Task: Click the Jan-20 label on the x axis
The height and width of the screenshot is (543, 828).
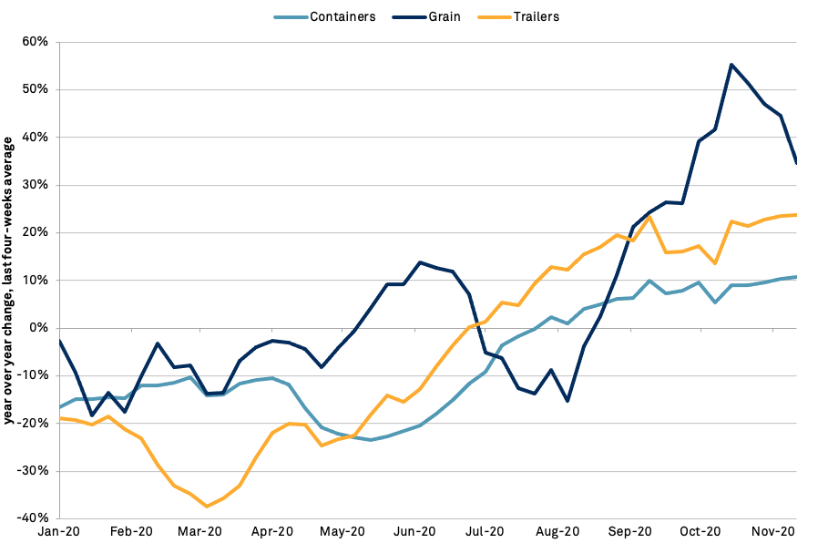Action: pos(57,530)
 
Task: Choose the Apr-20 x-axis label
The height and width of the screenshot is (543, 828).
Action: pos(271,530)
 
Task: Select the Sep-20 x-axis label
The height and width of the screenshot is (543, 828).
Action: pos(630,530)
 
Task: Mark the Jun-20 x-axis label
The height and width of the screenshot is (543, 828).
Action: pos(414,530)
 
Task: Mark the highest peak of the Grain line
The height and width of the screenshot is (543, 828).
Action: pos(731,65)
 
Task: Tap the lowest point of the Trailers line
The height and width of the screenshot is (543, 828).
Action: pos(207,506)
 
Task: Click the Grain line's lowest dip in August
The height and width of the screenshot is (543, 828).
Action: pos(567,401)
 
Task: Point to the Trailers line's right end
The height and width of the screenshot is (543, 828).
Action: pos(796,215)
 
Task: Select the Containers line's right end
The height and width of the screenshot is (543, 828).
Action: pos(796,277)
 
